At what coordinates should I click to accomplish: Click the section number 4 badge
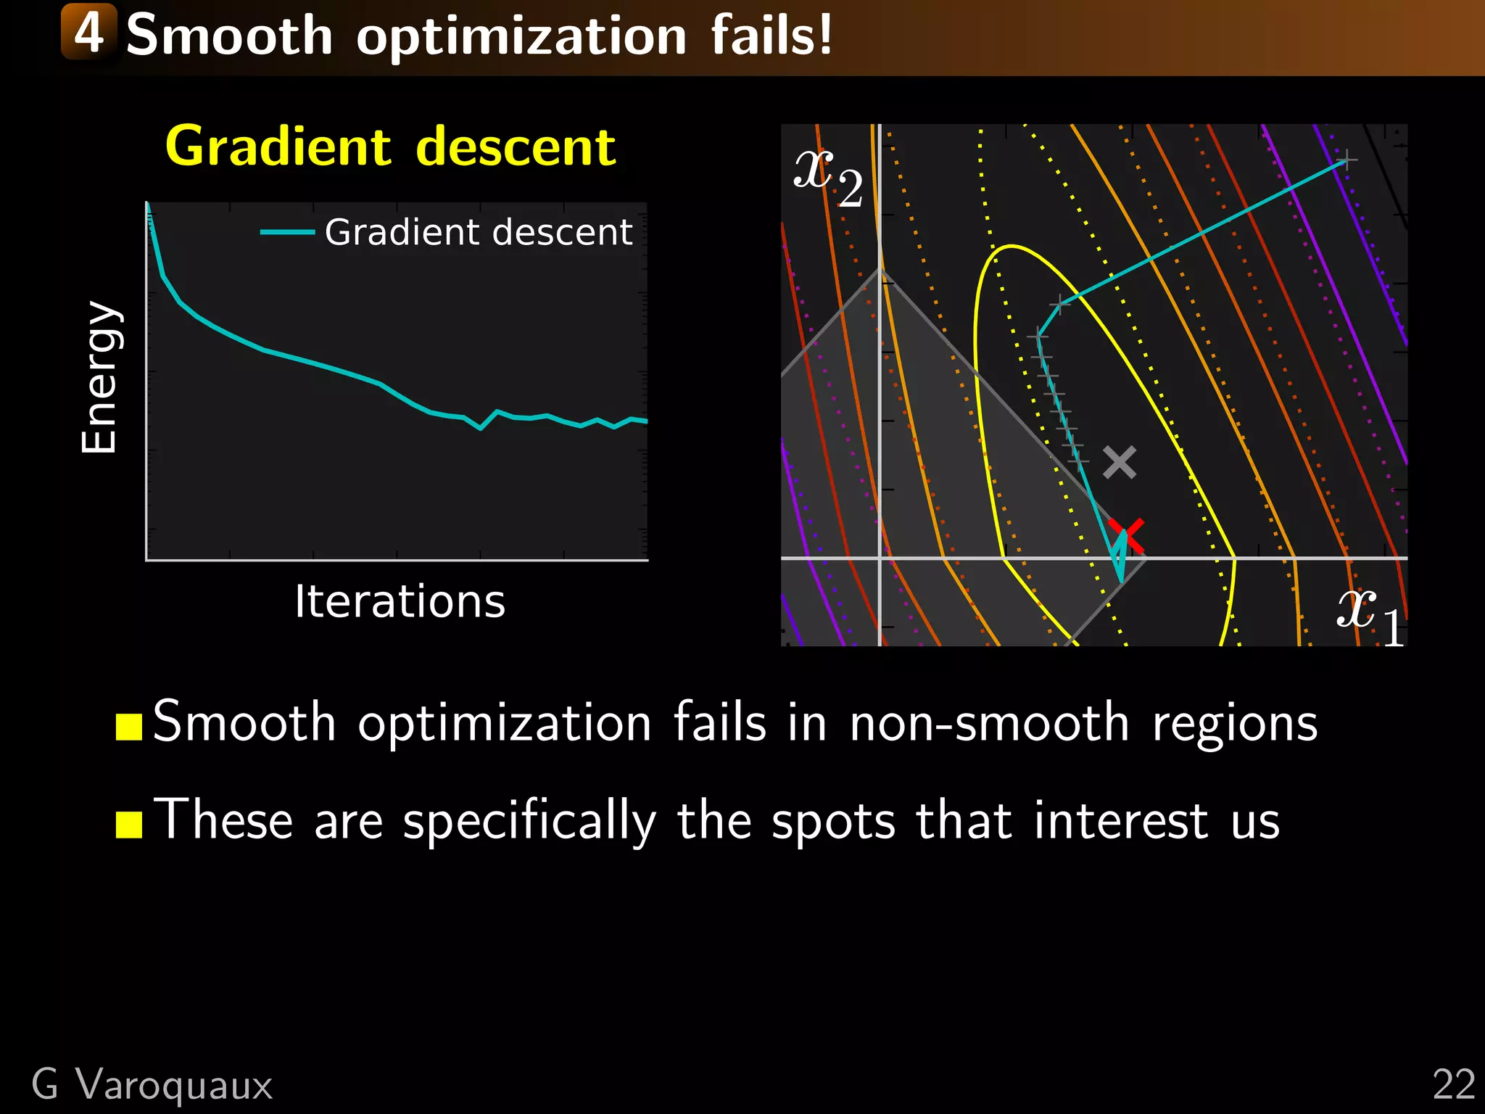[88, 32]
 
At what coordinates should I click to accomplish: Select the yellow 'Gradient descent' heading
[390, 147]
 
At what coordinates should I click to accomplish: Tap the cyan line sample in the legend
[287, 233]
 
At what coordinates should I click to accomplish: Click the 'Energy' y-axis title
[99, 377]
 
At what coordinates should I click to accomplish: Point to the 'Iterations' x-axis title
[400, 601]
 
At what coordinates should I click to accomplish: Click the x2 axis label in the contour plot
[827, 176]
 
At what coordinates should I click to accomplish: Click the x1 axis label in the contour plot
[1370, 614]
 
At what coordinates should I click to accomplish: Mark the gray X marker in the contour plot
[1120, 462]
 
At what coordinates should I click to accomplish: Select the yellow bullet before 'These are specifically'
[129, 824]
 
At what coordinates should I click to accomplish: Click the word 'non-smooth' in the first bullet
[989, 723]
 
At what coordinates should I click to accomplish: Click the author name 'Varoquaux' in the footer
[174, 1085]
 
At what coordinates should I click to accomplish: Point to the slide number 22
[1453, 1085]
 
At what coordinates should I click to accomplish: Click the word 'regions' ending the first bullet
[1234, 725]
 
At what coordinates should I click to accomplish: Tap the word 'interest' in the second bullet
[1121, 821]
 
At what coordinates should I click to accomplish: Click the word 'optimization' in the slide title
[521, 36]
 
